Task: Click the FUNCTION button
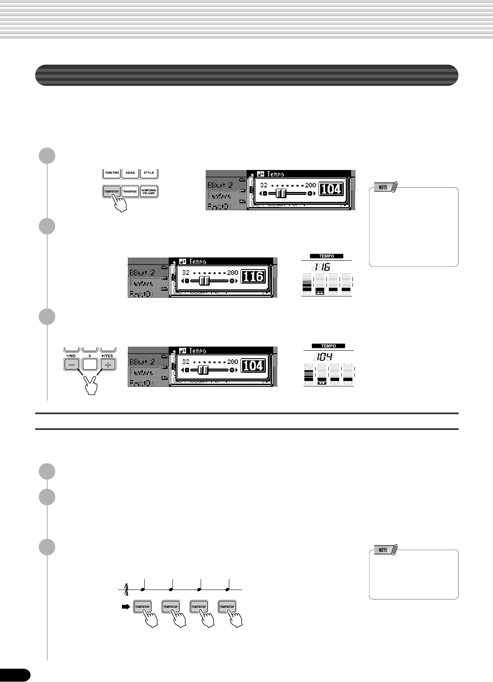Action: tap(112, 173)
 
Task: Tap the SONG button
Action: tap(130, 173)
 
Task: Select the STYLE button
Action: tap(149, 173)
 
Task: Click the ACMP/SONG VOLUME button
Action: tap(149, 192)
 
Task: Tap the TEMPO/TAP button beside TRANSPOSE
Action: tap(112, 192)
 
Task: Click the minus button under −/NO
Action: tap(71, 364)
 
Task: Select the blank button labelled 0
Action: tap(90, 364)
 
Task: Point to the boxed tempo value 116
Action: tap(253, 276)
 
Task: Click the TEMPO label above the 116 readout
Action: tap(327, 256)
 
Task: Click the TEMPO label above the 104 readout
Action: tap(328, 346)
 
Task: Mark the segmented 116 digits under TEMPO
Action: tap(321, 267)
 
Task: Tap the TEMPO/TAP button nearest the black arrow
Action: tap(142, 607)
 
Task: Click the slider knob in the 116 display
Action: tap(204, 281)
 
